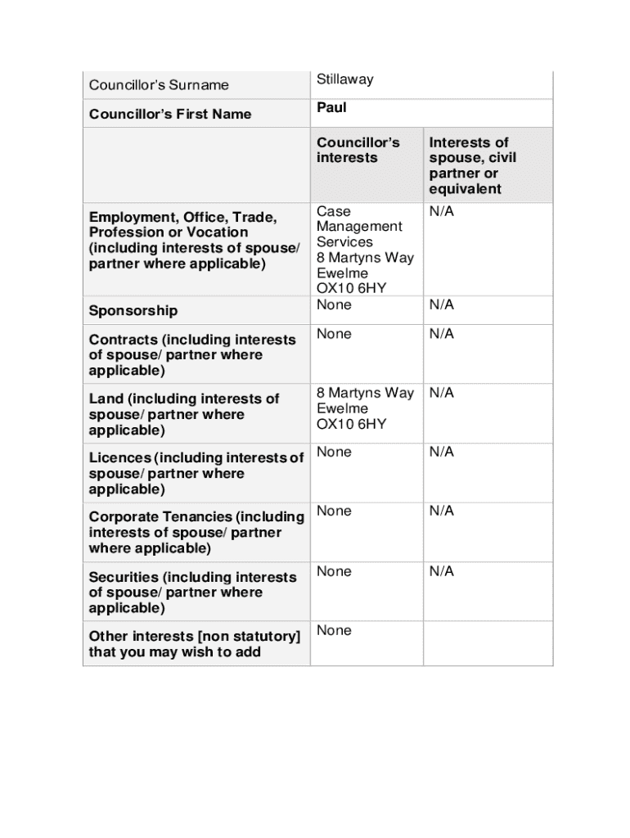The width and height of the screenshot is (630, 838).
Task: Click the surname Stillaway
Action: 344,79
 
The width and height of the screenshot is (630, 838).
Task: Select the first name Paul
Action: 331,108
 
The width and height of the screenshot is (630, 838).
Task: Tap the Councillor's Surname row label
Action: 159,85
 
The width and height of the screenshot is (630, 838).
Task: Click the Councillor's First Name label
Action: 170,114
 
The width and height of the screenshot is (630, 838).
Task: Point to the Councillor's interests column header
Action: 358,150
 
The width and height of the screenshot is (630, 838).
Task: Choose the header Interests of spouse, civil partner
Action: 473,165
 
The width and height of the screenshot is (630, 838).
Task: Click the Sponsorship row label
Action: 133,311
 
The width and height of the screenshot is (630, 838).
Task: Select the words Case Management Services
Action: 359,227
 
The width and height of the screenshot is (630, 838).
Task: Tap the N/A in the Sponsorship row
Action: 441,305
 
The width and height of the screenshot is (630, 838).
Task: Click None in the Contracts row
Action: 334,334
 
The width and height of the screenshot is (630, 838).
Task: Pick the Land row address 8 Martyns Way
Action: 365,393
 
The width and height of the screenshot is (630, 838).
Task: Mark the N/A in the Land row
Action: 441,393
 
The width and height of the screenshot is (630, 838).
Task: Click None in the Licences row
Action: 334,452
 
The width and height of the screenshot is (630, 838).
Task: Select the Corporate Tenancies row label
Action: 196,533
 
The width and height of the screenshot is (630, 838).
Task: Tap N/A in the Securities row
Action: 441,571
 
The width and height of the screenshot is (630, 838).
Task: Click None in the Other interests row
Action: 334,630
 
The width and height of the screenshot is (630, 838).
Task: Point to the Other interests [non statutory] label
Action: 194,644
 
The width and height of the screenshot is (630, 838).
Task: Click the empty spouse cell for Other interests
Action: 488,644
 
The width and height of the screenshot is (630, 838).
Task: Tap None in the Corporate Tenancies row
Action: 334,511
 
